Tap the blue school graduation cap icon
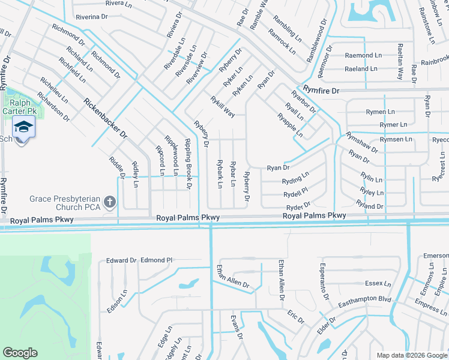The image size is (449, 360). click(23, 127)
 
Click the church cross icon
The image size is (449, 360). click(110, 203)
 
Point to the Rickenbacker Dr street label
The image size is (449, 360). click(107, 119)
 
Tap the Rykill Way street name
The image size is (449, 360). click(222, 107)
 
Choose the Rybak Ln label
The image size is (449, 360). click(220, 174)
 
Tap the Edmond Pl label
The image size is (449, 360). click(156, 260)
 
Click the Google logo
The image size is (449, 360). click(20, 353)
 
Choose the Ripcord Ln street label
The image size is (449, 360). click(161, 160)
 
